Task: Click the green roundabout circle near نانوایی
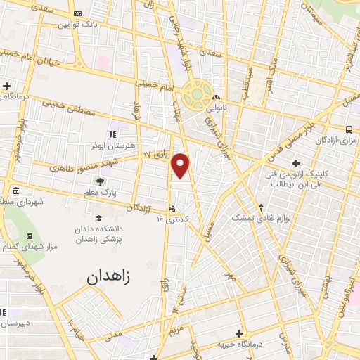coord(197,94)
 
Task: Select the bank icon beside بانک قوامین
coord(77,13)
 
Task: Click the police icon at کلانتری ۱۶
coord(172,207)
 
